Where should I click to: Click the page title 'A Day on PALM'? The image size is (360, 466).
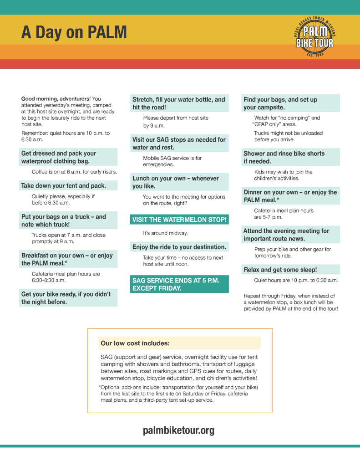tap(74, 33)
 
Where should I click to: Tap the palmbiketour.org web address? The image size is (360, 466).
tap(178, 430)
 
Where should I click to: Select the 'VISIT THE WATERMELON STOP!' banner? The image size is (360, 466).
tap(179, 220)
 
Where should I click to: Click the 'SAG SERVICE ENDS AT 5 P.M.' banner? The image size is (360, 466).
tap(179, 284)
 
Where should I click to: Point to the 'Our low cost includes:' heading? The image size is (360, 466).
tap(135, 343)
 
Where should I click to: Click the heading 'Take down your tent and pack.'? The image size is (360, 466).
tap(64, 186)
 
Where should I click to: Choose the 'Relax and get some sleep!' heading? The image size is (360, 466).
tap(280, 270)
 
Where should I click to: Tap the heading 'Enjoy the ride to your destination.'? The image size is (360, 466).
tap(179, 247)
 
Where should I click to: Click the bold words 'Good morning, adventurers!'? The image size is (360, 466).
tap(56, 98)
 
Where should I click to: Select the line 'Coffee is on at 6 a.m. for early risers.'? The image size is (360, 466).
tap(74, 172)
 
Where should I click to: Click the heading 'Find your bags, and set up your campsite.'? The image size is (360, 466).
tap(280, 103)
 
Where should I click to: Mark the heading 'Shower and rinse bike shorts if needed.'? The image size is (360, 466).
tap(284, 157)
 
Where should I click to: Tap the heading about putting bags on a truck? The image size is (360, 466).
tap(64, 220)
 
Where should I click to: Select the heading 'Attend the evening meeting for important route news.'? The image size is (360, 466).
tap(286, 235)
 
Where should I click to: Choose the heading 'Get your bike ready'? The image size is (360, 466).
tap(66, 298)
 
